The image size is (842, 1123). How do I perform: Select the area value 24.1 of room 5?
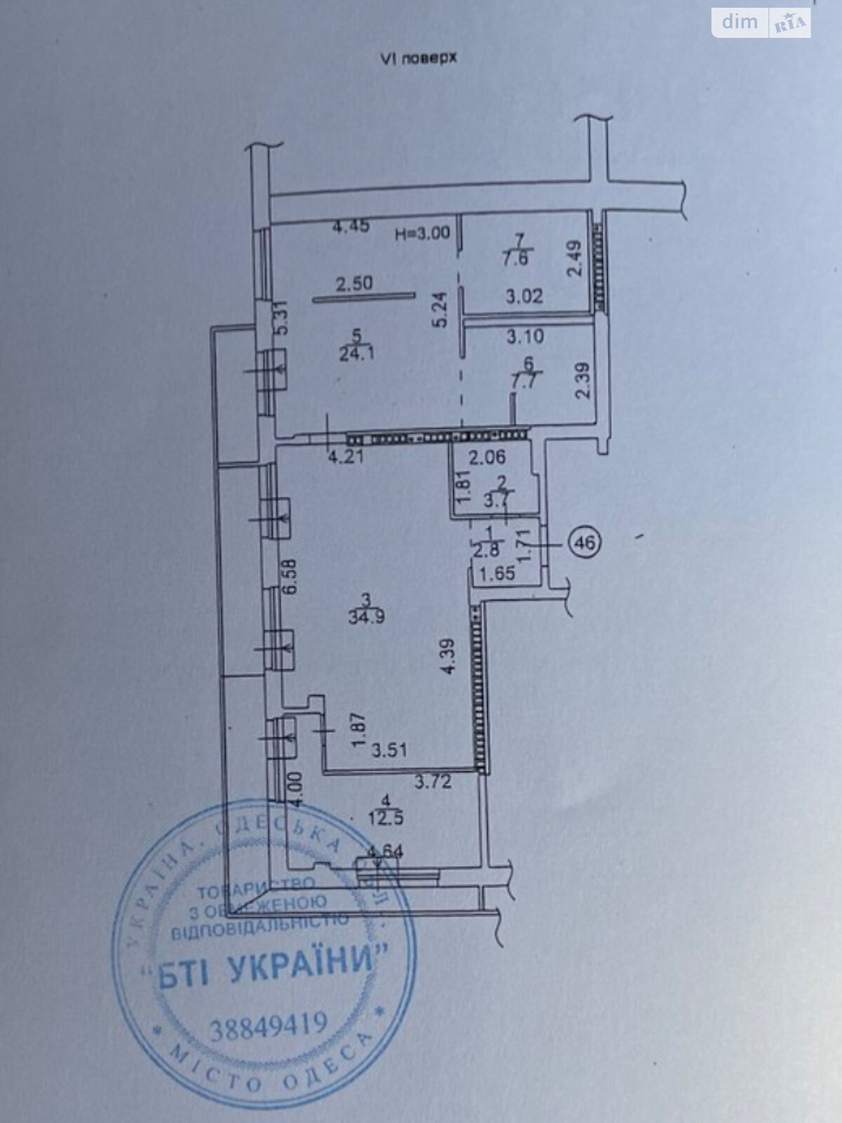(356, 352)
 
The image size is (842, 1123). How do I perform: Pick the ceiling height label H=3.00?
(422, 234)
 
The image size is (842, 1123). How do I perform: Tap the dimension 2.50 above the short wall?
(354, 284)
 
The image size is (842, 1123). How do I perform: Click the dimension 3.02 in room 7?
(525, 295)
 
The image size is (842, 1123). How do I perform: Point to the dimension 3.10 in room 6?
(525, 336)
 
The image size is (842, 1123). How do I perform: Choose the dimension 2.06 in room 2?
(487, 459)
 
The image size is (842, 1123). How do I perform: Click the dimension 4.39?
(448, 656)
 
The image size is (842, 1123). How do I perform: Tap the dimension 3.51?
(389, 751)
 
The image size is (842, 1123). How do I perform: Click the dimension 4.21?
(345, 458)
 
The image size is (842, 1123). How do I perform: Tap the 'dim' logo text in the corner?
(740, 22)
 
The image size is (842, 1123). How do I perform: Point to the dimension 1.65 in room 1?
(497, 573)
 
